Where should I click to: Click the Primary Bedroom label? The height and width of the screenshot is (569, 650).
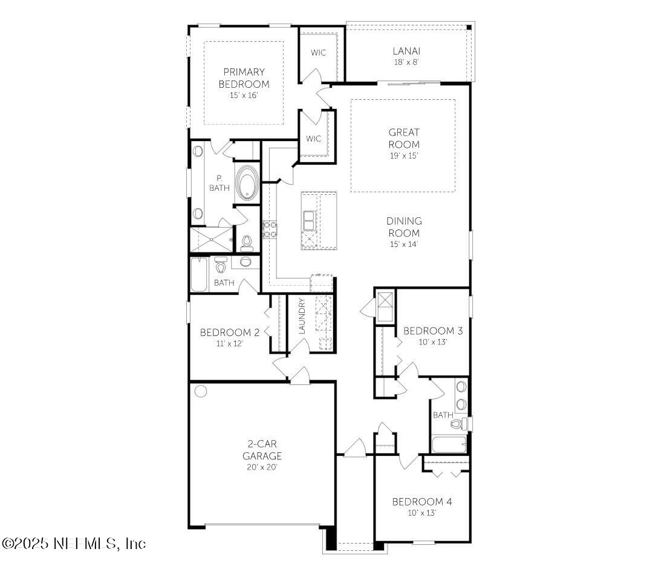pos(244,78)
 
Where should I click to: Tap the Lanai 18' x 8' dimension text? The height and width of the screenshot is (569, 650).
pos(406,62)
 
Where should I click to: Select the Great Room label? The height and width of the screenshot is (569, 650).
pos(404,138)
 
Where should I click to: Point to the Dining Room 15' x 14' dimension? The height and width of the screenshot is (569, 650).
pos(405,244)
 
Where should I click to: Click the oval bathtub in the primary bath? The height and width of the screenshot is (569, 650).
pos(246,182)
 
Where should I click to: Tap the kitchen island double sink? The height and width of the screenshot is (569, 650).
pos(309,220)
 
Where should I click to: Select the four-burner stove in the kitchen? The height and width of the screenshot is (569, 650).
pos(269,229)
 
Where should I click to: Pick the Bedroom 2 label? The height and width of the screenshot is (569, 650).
pos(230,332)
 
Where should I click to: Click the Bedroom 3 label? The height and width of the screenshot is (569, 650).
pos(433,331)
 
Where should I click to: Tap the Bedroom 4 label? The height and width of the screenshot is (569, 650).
pos(421,501)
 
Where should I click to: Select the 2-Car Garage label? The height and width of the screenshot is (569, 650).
pos(262,450)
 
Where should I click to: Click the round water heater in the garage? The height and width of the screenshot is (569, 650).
pos(201,391)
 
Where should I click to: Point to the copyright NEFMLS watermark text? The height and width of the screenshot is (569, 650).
pos(73,543)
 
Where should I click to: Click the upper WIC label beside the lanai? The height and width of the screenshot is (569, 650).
pos(319,53)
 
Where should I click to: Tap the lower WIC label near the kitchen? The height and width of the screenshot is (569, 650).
pos(313,139)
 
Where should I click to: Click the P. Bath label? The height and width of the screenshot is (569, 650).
pos(218,183)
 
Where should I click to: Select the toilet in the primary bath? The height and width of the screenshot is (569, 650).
pos(246,243)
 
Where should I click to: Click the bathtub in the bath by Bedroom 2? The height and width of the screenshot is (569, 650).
pos(199,275)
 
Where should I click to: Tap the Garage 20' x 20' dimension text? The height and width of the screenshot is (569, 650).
pos(262,467)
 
